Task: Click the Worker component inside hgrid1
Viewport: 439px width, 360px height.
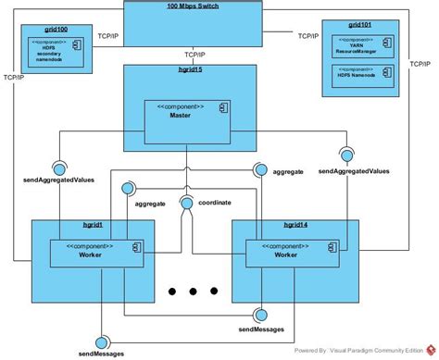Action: tap(95, 252)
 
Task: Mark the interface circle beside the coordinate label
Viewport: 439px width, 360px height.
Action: tap(188, 204)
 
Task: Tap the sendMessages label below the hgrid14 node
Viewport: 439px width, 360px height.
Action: tap(261, 329)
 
